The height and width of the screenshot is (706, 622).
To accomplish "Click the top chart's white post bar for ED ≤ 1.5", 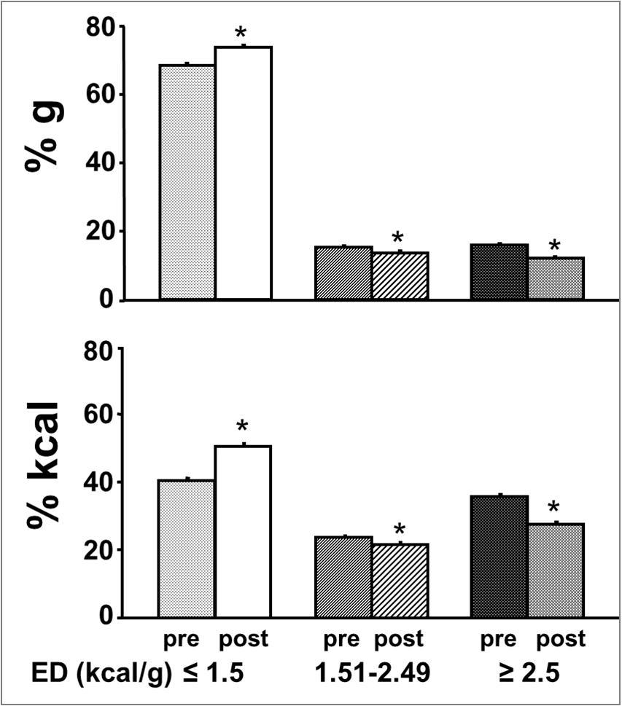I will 244,173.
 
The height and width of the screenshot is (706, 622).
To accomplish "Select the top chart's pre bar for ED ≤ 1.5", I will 187,182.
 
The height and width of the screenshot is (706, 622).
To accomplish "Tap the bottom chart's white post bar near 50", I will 244,531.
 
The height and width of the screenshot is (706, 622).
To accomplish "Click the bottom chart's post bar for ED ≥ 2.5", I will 556,570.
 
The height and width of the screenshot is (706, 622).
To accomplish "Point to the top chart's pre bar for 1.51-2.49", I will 343,273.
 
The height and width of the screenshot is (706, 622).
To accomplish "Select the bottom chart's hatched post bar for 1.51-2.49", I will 400,580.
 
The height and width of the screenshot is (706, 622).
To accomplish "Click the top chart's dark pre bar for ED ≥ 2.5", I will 499,272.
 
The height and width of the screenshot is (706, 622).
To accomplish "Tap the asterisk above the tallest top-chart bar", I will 241,34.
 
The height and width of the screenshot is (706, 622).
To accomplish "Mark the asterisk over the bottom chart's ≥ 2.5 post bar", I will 554,508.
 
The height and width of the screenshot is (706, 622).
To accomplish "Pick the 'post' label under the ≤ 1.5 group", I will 244,640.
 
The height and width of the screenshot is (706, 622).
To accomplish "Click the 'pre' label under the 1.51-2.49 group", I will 342,640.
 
